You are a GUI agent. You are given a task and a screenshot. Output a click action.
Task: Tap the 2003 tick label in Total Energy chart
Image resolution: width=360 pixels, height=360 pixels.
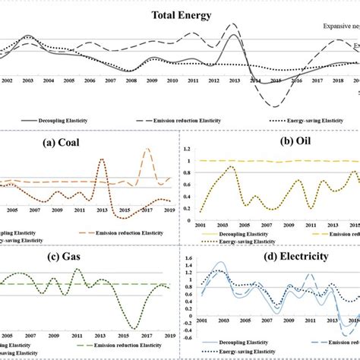pos(27,80)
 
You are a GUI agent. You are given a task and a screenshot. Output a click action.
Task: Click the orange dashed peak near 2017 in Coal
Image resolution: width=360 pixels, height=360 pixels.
pos(147,150)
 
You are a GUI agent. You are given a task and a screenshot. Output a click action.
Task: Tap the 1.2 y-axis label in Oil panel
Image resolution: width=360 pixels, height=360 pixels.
pos(188,147)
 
